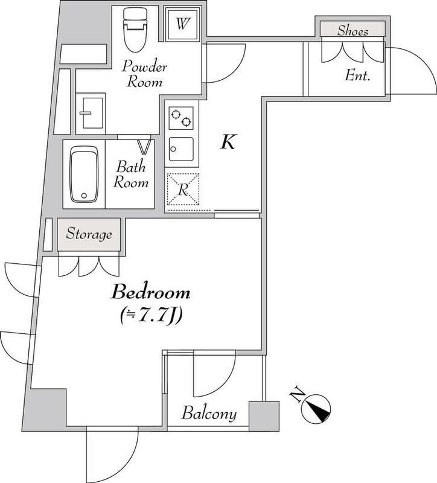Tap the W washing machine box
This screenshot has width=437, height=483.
tap(182, 25)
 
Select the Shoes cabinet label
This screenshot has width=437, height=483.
tap(353, 29)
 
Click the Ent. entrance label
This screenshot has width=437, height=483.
tap(357, 76)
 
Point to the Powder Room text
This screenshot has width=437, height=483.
tap(146, 74)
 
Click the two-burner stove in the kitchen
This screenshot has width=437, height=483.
tap(180, 117)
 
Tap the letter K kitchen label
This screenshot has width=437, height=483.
tap(227, 142)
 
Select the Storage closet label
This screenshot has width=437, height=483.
tap(89, 234)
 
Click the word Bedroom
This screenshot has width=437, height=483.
tap(151, 294)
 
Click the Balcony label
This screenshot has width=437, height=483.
tap(209, 415)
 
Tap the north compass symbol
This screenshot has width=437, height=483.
tap(315, 408)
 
